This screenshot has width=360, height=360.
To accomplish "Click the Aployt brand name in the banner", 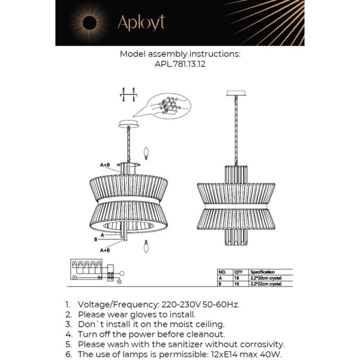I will point(140,22).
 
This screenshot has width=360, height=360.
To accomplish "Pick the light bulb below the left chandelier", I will point(146,247).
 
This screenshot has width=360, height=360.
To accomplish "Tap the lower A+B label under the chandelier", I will point(105,250).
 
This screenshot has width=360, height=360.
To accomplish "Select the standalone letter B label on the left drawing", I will point(97,239).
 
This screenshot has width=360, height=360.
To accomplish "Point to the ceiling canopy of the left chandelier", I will point(128,124).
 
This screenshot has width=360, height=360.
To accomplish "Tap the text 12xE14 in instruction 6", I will point(227,355).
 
